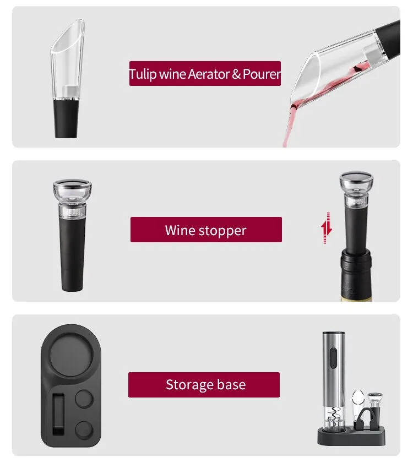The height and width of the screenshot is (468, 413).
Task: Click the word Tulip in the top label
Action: [143, 74]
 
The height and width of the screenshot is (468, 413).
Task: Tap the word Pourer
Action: [262, 74]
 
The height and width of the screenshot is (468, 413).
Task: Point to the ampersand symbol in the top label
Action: [236, 74]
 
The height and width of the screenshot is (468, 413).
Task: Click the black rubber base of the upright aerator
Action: [66, 119]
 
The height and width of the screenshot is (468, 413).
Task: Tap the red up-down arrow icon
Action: [327, 228]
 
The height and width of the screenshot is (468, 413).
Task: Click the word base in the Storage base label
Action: [231, 384]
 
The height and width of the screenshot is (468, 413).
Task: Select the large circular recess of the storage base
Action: [71, 355]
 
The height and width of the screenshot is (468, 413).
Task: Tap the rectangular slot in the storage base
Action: [58, 414]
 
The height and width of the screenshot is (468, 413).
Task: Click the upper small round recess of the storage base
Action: [84, 399]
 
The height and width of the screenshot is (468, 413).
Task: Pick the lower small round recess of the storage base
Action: [84, 430]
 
